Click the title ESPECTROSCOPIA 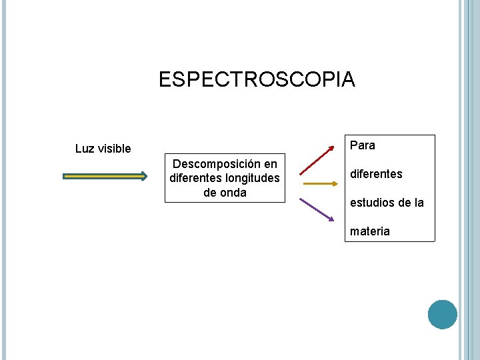[x=257, y=80]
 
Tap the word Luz [x=85, y=149]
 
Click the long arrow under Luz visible [x=105, y=177]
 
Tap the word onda [x=233, y=192]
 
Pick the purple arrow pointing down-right [x=316, y=209]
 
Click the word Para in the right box [x=362, y=145]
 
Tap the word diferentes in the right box [x=376, y=174]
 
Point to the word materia [x=370, y=231]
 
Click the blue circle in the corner [x=443, y=314]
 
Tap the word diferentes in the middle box [x=195, y=178]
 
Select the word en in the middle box [x=271, y=164]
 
